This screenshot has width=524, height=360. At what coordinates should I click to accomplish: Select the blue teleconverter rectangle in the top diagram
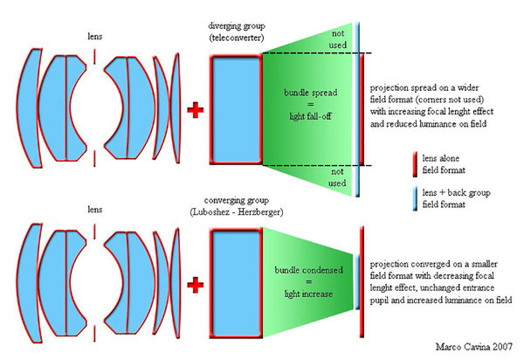point(235,110)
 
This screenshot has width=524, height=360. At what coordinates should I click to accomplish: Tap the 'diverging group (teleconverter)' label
point(236,31)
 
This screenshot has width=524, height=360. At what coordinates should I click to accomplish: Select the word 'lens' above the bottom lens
point(93,210)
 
